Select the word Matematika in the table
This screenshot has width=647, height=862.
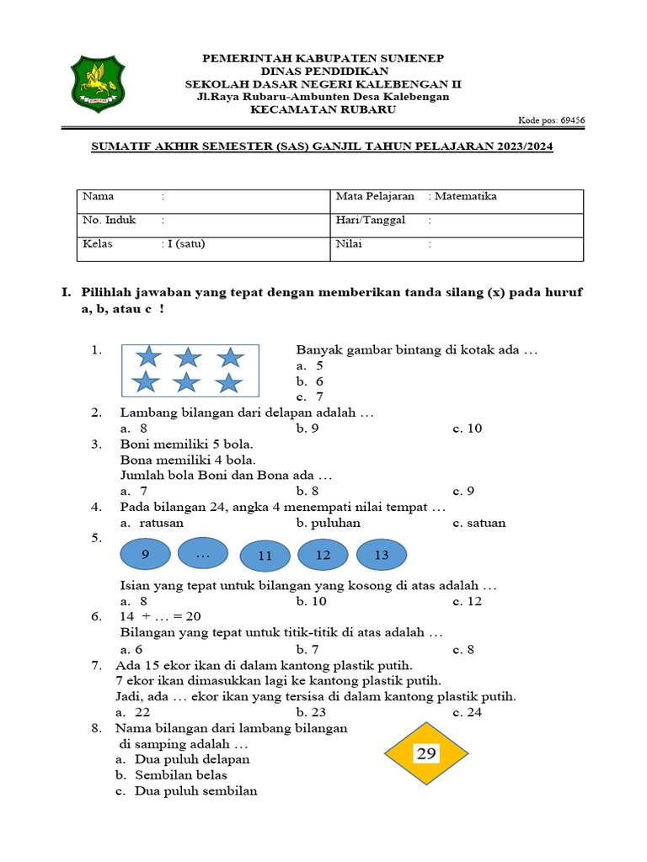point(465,196)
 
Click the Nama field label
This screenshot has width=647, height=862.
point(98,196)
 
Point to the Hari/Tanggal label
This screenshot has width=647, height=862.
point(370,220)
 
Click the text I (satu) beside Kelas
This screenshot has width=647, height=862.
point(185,244)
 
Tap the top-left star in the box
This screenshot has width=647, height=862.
point(149,357)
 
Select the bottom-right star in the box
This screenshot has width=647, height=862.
point(228,383)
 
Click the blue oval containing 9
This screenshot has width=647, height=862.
point(147,556)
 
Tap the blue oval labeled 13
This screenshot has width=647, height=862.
point(382,556)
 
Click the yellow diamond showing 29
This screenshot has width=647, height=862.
point(426,753)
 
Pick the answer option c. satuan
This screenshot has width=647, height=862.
point(479,523)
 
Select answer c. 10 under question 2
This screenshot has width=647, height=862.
point(467,428)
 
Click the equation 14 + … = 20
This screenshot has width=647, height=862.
point(160,616)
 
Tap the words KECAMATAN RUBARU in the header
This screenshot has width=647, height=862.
point(323,109)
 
